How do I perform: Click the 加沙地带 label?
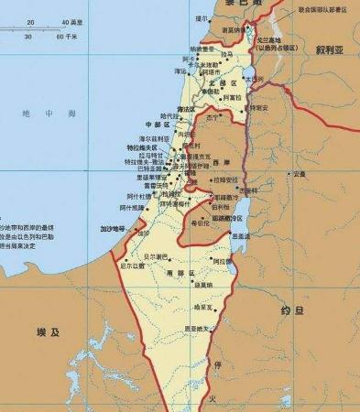coord(104,227)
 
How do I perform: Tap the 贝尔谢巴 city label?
coord(157,257)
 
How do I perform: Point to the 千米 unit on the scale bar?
coord(71,37)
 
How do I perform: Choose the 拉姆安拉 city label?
coord(226,179)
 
